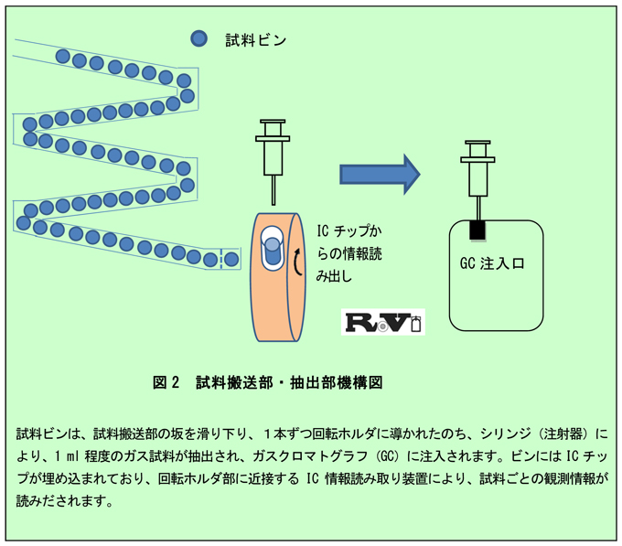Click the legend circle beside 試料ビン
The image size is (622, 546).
point(198,38)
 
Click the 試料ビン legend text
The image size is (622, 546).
point(256,39)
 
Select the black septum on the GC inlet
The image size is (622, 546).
point(477,230)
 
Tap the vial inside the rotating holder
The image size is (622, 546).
point(273,248)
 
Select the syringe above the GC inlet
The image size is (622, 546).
point(477,169)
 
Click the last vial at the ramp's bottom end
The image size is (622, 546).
point(231,260)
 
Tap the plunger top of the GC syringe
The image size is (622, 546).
point(477,143)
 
